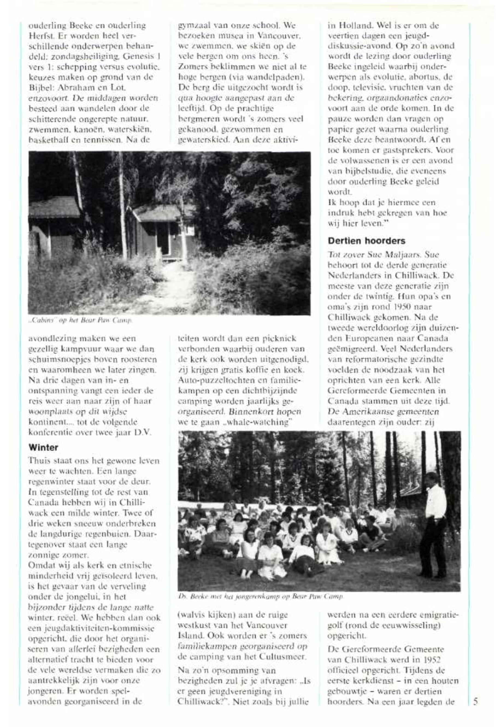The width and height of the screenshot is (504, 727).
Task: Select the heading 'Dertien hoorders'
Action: tap(366, 241)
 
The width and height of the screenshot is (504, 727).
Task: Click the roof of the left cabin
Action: tap(54, 207)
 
